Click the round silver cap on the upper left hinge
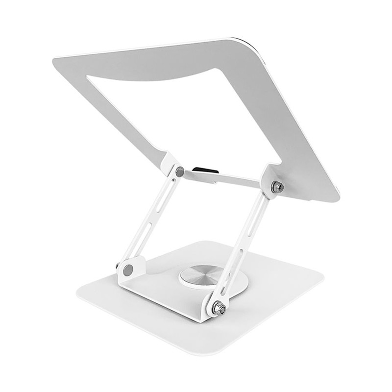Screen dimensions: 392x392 click(180, 172)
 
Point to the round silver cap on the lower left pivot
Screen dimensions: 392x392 click(128, 269)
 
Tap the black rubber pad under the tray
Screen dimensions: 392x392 click(203, 171)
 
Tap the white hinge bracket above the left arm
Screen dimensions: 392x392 click(171, 164)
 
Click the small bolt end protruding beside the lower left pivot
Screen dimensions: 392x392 click(118, 266)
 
